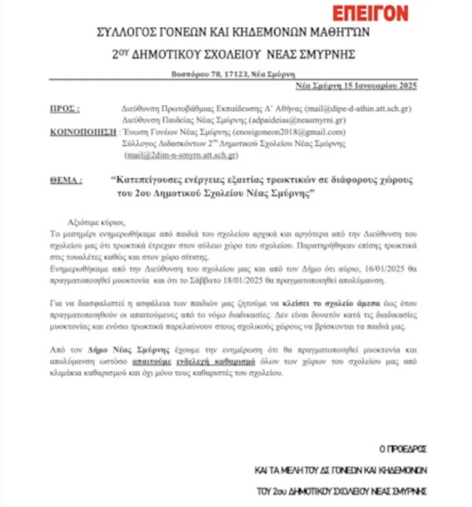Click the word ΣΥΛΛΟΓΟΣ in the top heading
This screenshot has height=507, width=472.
(x=122, y=31)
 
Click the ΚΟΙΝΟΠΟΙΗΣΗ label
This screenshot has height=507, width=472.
(x=80, y=132)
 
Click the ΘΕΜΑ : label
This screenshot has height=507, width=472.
(x=65, y=180)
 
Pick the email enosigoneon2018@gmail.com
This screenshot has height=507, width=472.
(x=292, y=132)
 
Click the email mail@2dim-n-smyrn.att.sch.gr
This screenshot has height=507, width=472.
(x=180, y=155)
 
